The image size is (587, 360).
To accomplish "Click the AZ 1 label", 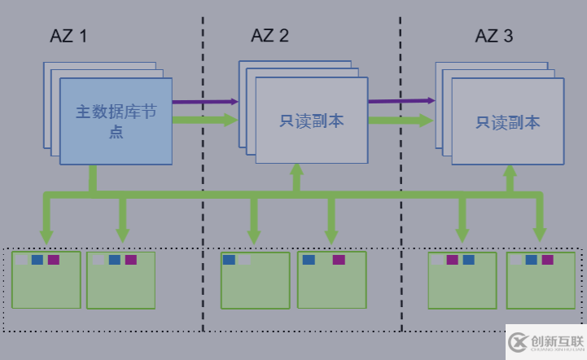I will [68, 36].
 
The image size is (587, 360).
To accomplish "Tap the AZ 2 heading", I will [269, 36].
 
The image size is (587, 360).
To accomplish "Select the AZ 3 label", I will [494, 36].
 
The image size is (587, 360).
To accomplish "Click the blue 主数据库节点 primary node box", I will [116, 120].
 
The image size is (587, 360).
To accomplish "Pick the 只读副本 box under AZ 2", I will [312, 121].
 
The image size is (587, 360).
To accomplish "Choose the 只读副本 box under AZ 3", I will [508, 123].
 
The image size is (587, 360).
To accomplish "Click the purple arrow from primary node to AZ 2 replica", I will [204, 102].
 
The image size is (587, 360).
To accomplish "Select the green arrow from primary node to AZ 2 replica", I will [204, 120].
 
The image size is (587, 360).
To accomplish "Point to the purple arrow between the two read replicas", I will [401, 102].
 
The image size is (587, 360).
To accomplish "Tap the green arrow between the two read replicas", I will [401, 121].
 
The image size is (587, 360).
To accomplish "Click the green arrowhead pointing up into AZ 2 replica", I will [296, 170].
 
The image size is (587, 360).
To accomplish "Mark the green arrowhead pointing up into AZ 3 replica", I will [510, 172].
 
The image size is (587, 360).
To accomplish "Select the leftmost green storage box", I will [46, 280].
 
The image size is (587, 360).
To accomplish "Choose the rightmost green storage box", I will [541, 280].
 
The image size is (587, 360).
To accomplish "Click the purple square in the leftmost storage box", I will [53, 260].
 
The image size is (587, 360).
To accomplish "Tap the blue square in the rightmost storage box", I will [531, 260].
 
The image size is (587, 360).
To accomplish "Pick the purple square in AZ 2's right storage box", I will [339, 260].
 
